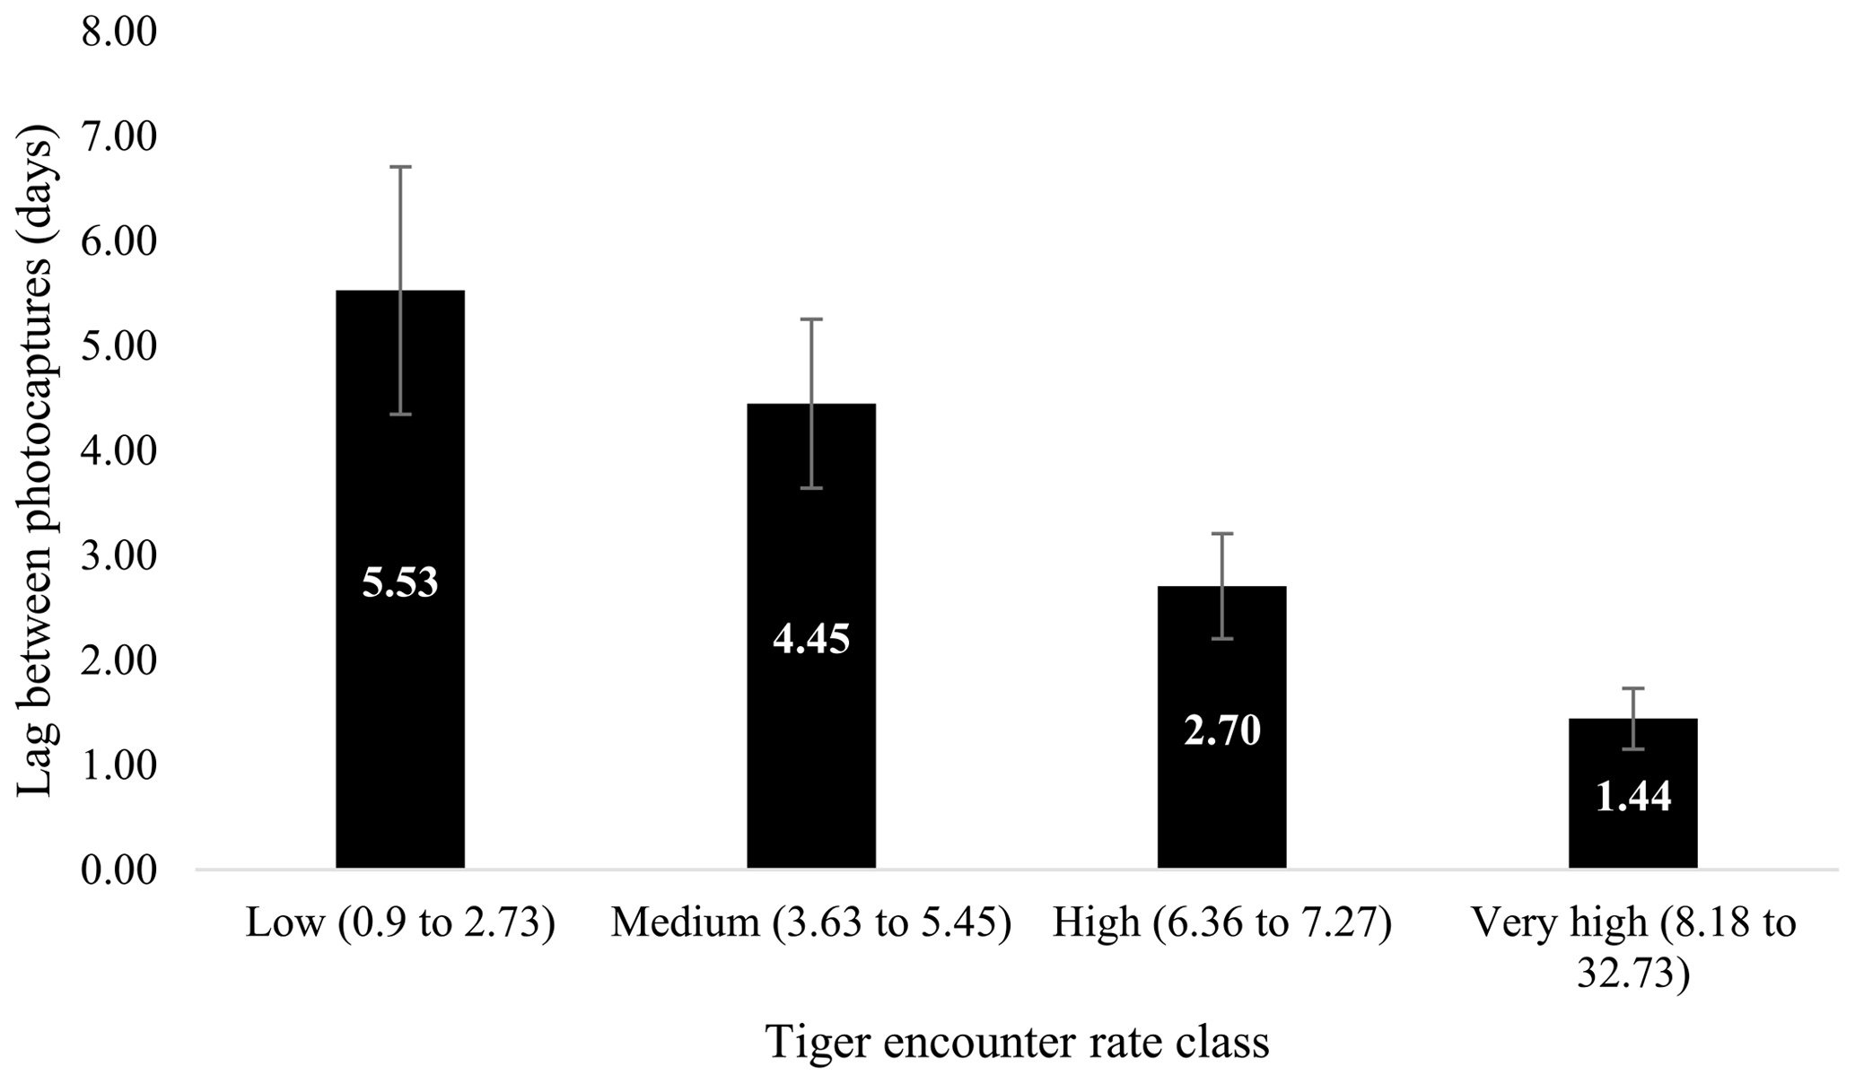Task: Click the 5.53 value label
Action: [x=400, y=582]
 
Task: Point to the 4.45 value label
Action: [x=811, y=639]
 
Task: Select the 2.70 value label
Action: [x=1221, y=731]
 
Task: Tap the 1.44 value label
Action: [x=1632, y=797]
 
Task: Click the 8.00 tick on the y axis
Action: [x=118, y=32]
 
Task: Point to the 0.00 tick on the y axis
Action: [x=118, y=870]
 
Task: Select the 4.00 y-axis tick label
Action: [x=118, y=451]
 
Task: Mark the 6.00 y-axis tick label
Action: [x=118, y=242]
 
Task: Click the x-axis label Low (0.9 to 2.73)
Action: [x=400, y=923]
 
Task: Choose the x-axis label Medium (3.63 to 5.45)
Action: [x=811, y=923]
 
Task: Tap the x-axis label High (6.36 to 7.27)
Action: [x=1221, y=923]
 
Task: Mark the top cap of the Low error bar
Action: [x=400, y=167]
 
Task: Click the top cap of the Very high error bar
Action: [x=1632, y=688]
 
